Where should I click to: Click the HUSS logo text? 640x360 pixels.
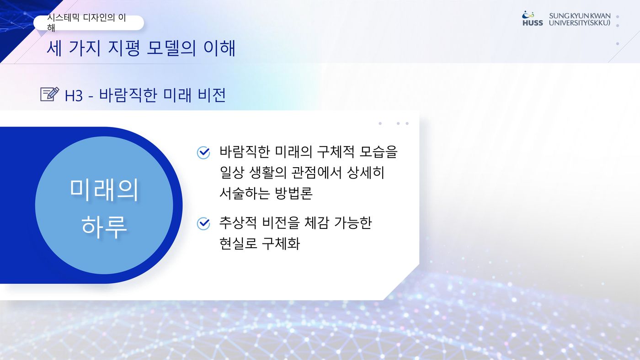tap(533, 23)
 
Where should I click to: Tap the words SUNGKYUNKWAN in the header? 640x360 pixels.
tap(580, 16)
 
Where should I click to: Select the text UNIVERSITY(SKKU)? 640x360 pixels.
tap(580, 23)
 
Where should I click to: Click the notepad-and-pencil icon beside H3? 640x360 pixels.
tap(50, 94)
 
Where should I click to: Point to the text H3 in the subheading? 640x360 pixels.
tap(74, 95)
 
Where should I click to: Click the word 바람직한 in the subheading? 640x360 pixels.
tap(128, 95)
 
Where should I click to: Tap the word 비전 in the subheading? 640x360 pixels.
tap(212, 95)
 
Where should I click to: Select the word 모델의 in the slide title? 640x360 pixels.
tap(171, 48)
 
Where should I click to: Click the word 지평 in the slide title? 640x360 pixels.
tap(124, 48)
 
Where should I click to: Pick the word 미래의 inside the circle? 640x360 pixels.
tap(104, 190)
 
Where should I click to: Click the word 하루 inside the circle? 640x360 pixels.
tap(104, 227)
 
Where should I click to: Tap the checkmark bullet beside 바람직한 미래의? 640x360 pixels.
tap(203, 153)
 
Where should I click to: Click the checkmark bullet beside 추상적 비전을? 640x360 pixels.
tap(203, 223)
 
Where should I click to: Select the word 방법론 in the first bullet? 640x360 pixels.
tap(293, 193)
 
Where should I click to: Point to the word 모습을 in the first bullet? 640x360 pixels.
tap(379, 152)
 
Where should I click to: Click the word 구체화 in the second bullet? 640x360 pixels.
tap(281, 244)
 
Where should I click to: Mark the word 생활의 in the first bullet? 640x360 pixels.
tap(268, 172)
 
